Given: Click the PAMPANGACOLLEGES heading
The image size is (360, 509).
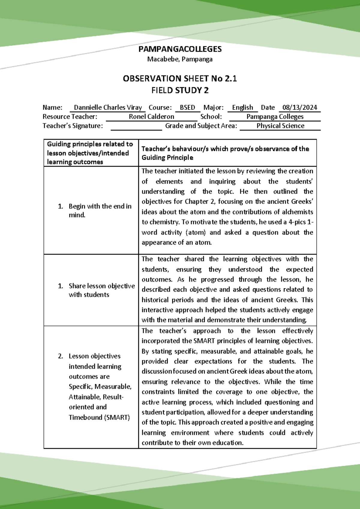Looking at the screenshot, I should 180,49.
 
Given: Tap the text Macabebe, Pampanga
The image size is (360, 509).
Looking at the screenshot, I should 180,59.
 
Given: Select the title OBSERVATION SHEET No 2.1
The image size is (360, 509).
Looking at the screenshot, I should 180,79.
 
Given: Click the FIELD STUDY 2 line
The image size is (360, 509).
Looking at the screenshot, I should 180,90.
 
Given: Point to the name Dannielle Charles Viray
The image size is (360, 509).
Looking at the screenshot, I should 108,107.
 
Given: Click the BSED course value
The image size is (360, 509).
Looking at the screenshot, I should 187,107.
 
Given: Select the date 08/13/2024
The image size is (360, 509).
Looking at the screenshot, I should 299,107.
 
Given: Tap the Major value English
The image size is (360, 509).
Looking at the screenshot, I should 242,107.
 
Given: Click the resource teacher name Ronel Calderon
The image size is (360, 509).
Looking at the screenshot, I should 151,117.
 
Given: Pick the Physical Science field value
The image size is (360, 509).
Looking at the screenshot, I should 280,126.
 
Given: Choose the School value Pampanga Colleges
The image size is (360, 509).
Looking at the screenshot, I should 275,117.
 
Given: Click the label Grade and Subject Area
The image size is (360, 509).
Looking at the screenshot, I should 201,126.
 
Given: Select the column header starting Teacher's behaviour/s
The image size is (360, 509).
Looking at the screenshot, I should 225,153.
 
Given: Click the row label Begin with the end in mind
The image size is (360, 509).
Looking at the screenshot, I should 100,210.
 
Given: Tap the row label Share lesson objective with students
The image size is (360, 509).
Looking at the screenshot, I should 101,290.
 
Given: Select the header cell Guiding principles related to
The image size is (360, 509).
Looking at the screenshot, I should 90,144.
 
